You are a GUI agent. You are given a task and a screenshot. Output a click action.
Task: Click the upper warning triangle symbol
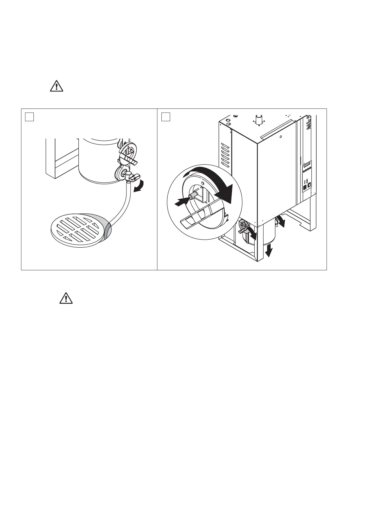56,86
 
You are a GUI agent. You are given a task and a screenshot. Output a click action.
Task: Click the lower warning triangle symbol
66,298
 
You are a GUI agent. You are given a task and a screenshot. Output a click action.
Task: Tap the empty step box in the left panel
29,117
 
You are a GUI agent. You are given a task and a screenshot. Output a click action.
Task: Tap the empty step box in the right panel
166,117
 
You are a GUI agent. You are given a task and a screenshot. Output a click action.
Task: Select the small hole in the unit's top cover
280,136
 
